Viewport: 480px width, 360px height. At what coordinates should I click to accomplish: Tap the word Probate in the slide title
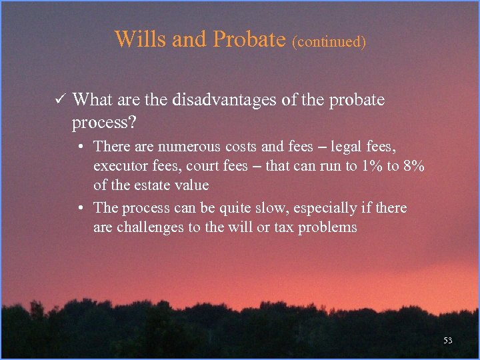click(x=249, y=39)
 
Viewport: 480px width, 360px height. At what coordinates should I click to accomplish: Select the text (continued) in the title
click(x=329, y=41)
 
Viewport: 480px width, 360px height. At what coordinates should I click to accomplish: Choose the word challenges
click(x=152, y=228)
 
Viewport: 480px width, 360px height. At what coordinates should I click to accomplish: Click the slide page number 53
click(x=447, y=341)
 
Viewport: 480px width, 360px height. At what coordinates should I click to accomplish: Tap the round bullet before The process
click(x=81, y=208)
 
